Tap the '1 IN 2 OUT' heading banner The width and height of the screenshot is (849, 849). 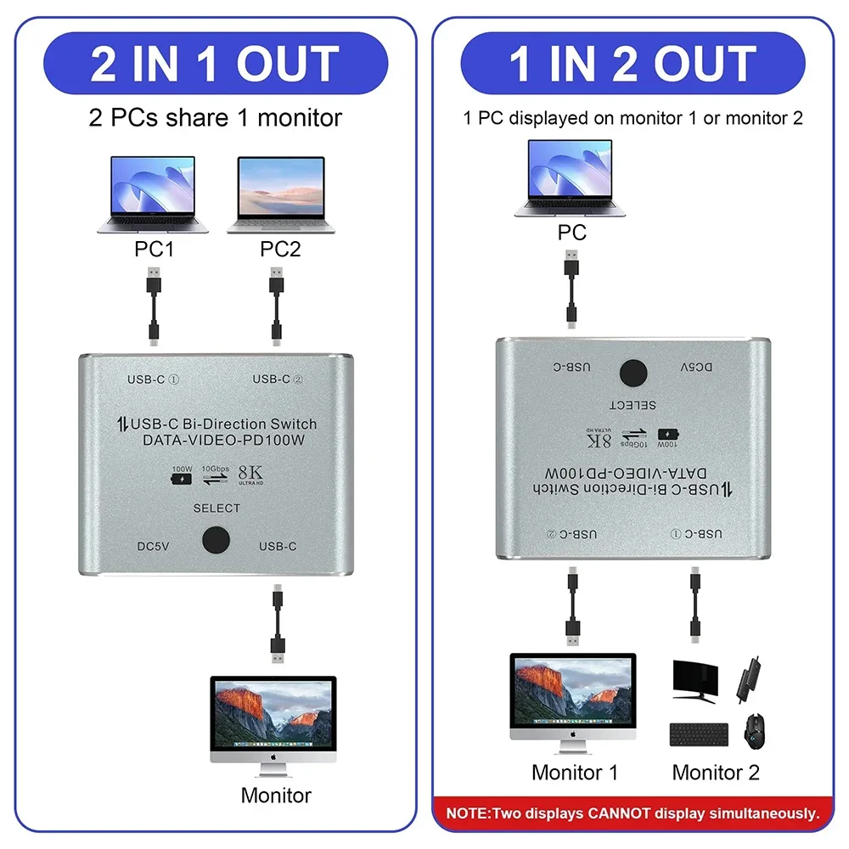(633, 64)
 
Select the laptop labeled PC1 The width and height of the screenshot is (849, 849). (153, 194)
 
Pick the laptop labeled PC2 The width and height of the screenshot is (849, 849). (281, 194)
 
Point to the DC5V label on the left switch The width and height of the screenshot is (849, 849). (153, 546)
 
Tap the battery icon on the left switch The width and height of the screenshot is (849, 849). (182, 477)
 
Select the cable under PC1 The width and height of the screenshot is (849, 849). (153, 306)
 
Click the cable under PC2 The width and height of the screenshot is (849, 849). (277, 306)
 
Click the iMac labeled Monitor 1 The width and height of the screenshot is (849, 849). (573, 701)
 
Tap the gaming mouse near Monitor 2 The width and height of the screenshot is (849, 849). (754, 731)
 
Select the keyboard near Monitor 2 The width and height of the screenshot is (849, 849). (699, 734)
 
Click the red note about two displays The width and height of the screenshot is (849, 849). (633, 812)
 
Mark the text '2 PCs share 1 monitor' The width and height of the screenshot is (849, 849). (215, 117)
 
